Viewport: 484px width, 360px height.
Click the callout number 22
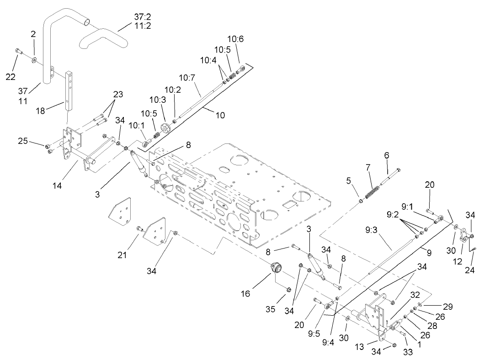(10, 76)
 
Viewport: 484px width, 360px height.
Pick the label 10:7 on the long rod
(187, 78)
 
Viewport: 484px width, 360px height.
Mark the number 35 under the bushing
(270, 309)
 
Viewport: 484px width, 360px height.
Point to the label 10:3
(158, 99)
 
